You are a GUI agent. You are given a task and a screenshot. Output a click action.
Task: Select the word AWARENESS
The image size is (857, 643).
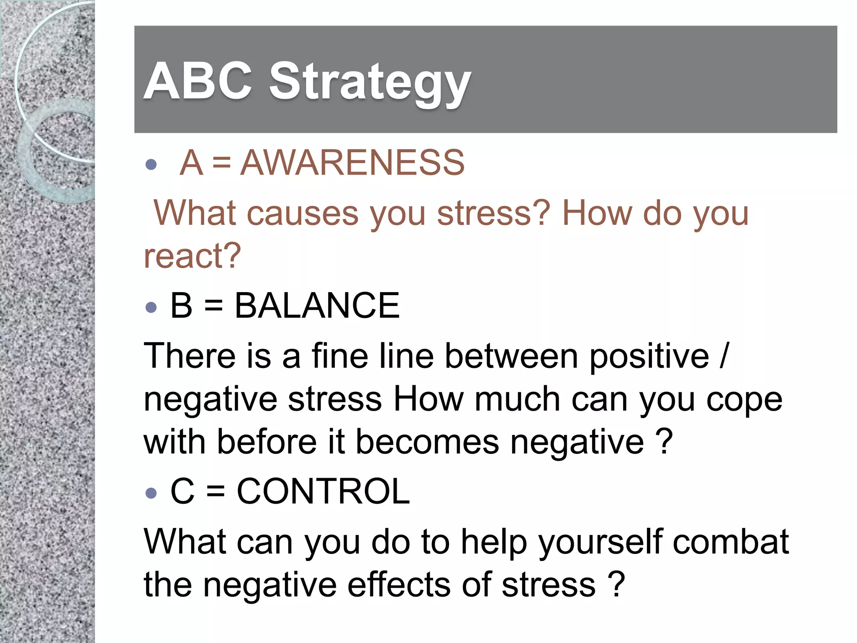click(352, 162)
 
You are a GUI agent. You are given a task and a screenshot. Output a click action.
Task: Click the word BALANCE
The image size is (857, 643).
click(317, 306)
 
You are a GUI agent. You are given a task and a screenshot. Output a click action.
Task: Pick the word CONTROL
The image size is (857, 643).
click(323, 491)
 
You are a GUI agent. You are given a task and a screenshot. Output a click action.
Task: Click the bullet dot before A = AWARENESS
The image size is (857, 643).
click(151, 164)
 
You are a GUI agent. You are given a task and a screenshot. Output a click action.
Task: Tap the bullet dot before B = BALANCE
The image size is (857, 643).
click(151, 308)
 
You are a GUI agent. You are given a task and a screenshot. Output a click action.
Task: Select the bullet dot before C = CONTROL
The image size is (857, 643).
click(151, 493)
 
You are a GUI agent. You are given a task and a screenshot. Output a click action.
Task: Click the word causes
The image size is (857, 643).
click(302, 213)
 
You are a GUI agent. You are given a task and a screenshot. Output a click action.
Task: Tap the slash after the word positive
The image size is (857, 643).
click(724, 356)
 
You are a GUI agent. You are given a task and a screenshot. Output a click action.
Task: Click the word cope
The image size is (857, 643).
click(744, 400)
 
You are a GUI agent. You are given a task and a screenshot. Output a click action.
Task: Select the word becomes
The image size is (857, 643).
click(427, 442)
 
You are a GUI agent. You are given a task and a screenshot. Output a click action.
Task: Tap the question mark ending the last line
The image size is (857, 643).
click(616, 584)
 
